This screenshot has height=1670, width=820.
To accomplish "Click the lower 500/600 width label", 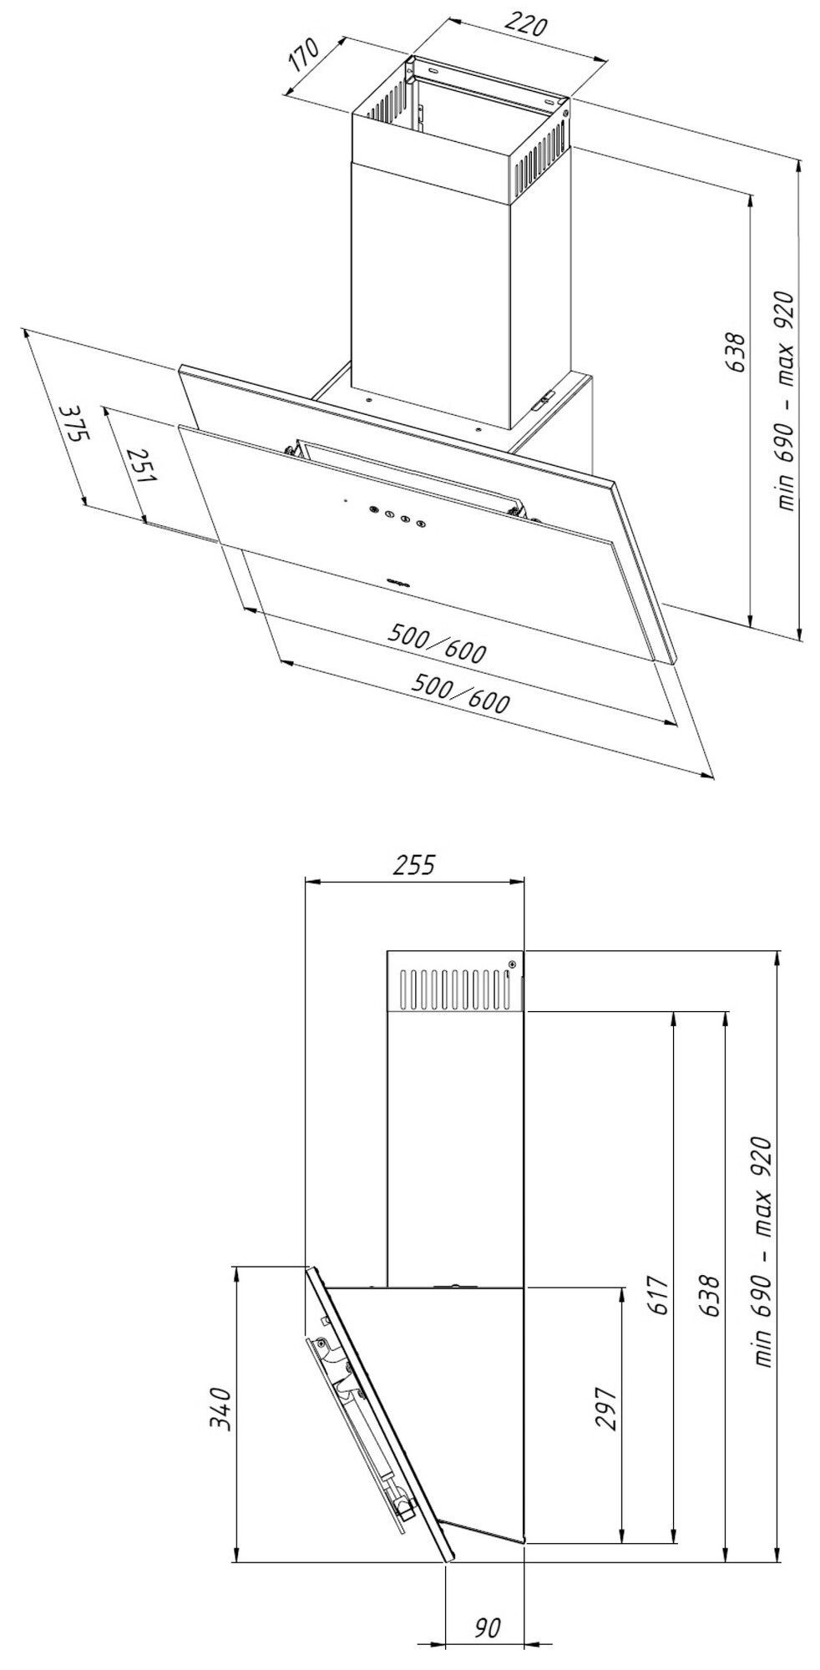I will [461, 693].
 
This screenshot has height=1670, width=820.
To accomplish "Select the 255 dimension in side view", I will [414, 865].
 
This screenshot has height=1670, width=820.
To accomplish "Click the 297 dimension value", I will [606, 1409].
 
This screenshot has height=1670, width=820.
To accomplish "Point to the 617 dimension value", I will [659, 1296].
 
